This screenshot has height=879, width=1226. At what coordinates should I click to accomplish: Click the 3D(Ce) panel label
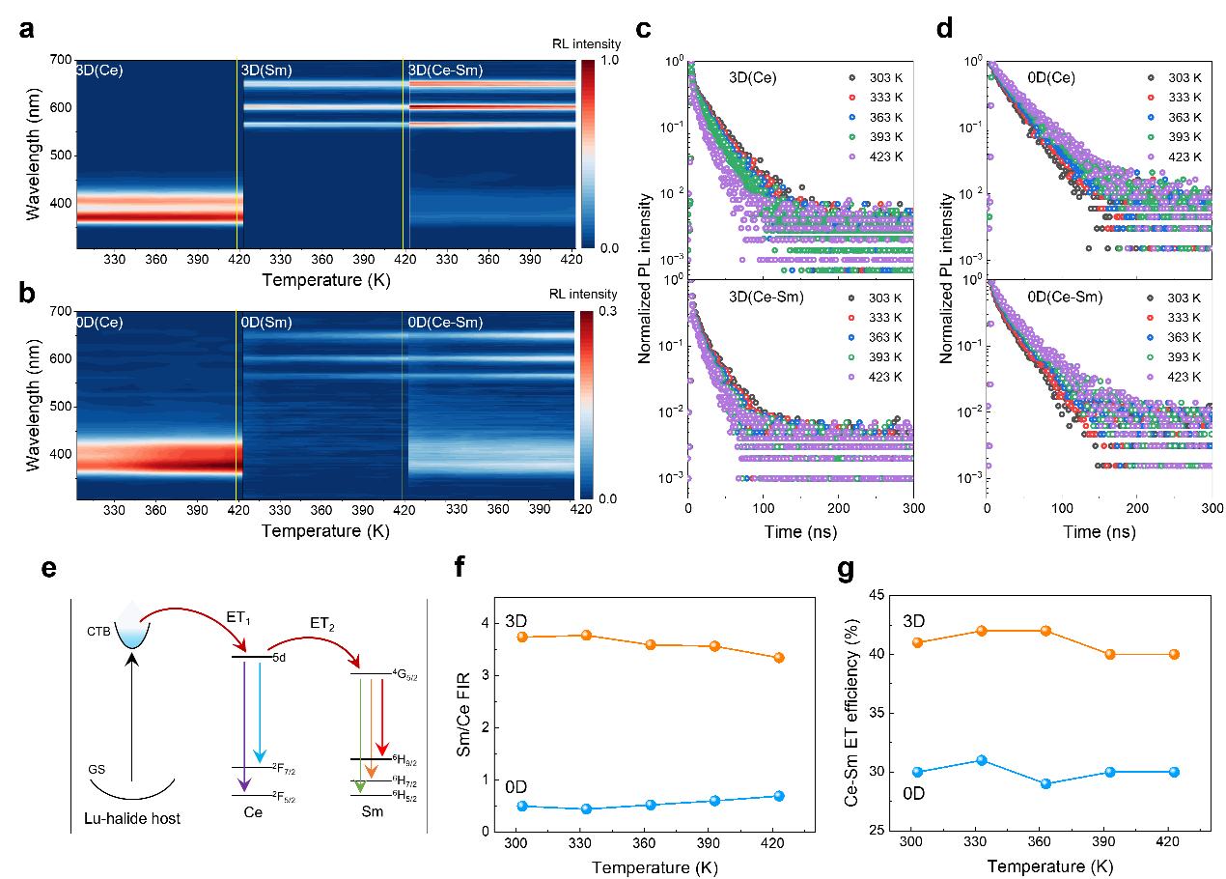(x=99, y=71)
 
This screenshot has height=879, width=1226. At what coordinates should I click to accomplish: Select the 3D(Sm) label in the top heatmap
(x=266, y=71)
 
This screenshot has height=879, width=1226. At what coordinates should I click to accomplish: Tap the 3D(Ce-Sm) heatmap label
(x=445, y=71)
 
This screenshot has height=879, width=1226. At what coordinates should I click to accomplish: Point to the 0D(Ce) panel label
(x=99, y=323)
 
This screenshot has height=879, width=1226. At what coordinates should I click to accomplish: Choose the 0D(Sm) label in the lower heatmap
(x=266, y=323)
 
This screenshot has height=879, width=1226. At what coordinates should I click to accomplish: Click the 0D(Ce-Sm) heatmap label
(x=445, y=323)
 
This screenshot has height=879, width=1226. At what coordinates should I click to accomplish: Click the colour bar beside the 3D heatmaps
(x=588, y=155)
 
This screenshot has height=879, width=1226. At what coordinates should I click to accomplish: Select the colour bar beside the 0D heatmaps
(x=586, y=405)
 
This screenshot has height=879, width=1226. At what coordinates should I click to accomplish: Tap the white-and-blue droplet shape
(x=132, y=624)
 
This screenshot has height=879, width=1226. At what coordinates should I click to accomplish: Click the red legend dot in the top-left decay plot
(x=851, y=97)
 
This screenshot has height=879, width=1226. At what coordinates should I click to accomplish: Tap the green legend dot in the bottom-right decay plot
(x=1151, y=357)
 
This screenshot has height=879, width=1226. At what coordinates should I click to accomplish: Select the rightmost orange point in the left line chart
(x=779, y=658)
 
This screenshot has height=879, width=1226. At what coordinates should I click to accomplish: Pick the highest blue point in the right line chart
(x=982, y=760)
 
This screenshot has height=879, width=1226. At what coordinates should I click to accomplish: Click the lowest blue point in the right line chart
(x=1045, y=783)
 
